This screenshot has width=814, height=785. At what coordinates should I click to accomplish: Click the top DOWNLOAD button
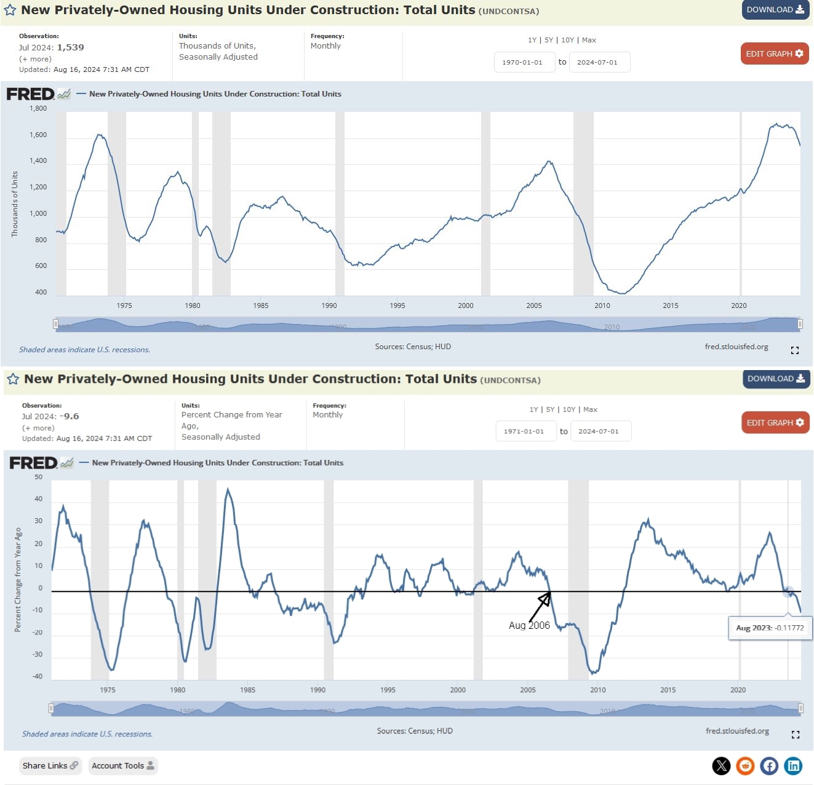[x=775, y=10]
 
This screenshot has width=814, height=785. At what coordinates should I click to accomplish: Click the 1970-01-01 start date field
[x=522, y=62]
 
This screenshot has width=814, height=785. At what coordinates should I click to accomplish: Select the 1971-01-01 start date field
[x=524, y=432]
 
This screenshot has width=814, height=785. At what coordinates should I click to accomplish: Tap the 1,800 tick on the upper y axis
[x=38, y=109]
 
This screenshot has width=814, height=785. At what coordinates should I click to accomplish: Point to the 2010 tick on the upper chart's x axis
[x=602, y=306]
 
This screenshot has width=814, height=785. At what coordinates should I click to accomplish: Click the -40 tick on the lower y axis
[x=38, y=677]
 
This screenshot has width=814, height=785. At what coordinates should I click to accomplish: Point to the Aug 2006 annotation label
[x=529, y=626]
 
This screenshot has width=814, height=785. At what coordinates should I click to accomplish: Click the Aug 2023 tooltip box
[x=770, y=628]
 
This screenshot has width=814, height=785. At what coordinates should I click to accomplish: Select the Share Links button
[x=50, y=766]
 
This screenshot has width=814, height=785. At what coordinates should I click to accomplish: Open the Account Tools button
[x=123, y=766]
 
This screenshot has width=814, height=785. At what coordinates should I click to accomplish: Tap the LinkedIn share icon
[x=794, y=766]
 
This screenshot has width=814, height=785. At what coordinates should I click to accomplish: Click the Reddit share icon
[x=745, y=766]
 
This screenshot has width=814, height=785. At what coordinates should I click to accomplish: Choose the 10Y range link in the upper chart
[x=567, y=41]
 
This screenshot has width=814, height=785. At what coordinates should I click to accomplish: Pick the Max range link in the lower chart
[x=590, y=409]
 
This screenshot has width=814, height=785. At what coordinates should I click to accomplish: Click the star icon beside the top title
[x=10, y=10]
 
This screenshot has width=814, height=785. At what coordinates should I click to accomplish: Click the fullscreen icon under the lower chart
[x=795, y=735]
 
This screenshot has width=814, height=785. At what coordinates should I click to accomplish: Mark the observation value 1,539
[x=71, y=47]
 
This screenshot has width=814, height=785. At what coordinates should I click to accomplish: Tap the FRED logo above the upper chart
[x=31, y=94]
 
